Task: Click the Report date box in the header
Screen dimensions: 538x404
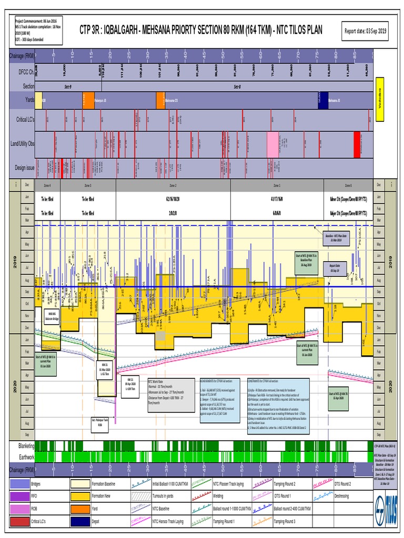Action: tap(366, 32)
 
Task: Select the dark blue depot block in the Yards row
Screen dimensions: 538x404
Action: tap(322, 99)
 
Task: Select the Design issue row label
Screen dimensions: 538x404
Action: tap(21, 167)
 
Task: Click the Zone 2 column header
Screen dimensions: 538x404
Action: tap(173, 185)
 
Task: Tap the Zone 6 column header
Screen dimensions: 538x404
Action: tap(348, 185)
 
